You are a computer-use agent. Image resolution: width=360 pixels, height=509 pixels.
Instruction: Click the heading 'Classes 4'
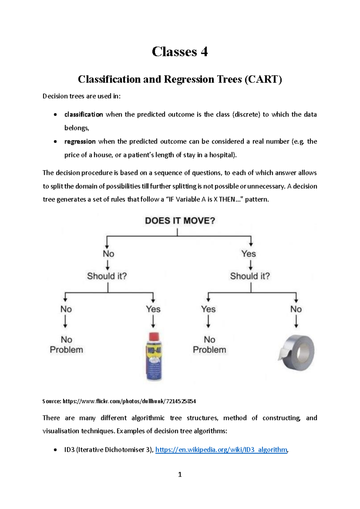(x=180, y=52)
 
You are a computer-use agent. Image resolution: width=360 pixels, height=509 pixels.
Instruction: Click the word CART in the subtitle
(x=263, y=79)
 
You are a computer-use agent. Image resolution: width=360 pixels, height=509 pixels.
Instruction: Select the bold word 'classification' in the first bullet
(x=84, y=114)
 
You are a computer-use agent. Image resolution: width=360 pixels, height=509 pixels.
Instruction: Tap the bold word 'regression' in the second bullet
(x=80, y=141)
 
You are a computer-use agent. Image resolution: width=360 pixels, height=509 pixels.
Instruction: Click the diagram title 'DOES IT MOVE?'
(x=180, y=221)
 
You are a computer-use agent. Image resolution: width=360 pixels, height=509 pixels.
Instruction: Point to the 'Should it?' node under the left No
(x=107, y=276)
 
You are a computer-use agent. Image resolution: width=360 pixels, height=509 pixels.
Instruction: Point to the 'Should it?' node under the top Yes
(x=250, y=276)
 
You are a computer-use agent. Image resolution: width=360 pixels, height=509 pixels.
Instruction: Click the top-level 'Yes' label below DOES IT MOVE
(x=248, y=254)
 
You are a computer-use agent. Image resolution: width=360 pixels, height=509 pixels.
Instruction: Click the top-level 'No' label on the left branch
(x=108, y=254)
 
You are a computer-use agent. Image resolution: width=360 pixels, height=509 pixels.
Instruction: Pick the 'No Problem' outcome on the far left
(x=66, y=345)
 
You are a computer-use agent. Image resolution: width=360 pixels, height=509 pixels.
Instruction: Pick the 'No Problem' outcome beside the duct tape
(x=209, y=345)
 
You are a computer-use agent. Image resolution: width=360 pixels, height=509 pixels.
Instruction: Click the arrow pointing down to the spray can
(x=153, y=322)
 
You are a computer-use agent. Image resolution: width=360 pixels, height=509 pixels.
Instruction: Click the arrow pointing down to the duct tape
(x=296, y=322)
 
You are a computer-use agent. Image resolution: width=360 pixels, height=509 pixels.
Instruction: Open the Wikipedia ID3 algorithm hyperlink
(x=221, y=450)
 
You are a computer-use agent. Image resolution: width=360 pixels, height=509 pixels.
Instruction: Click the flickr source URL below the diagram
(x=129, y=401)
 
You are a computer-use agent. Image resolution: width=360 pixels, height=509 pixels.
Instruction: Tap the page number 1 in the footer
(x=180, y=474)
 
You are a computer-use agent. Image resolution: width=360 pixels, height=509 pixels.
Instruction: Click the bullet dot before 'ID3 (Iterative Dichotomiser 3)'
(x=55, y=450)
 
